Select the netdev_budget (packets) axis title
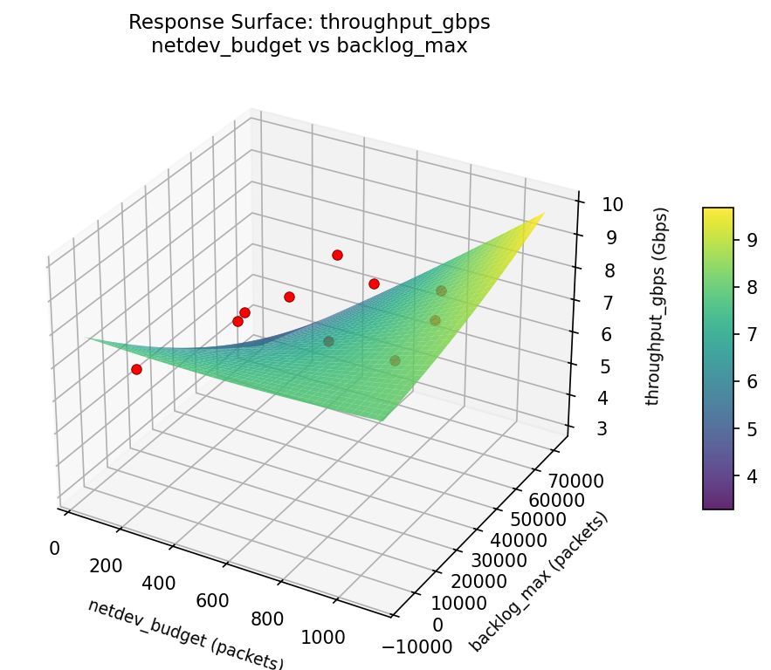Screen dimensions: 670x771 click(185, 635)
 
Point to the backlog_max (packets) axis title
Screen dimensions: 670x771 click(539, 582)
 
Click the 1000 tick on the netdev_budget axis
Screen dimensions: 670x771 click(322, 638)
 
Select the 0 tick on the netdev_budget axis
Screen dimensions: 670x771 click(54, 549)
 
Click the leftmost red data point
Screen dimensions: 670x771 click(136, 369)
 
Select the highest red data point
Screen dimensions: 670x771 click(337, 255)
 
